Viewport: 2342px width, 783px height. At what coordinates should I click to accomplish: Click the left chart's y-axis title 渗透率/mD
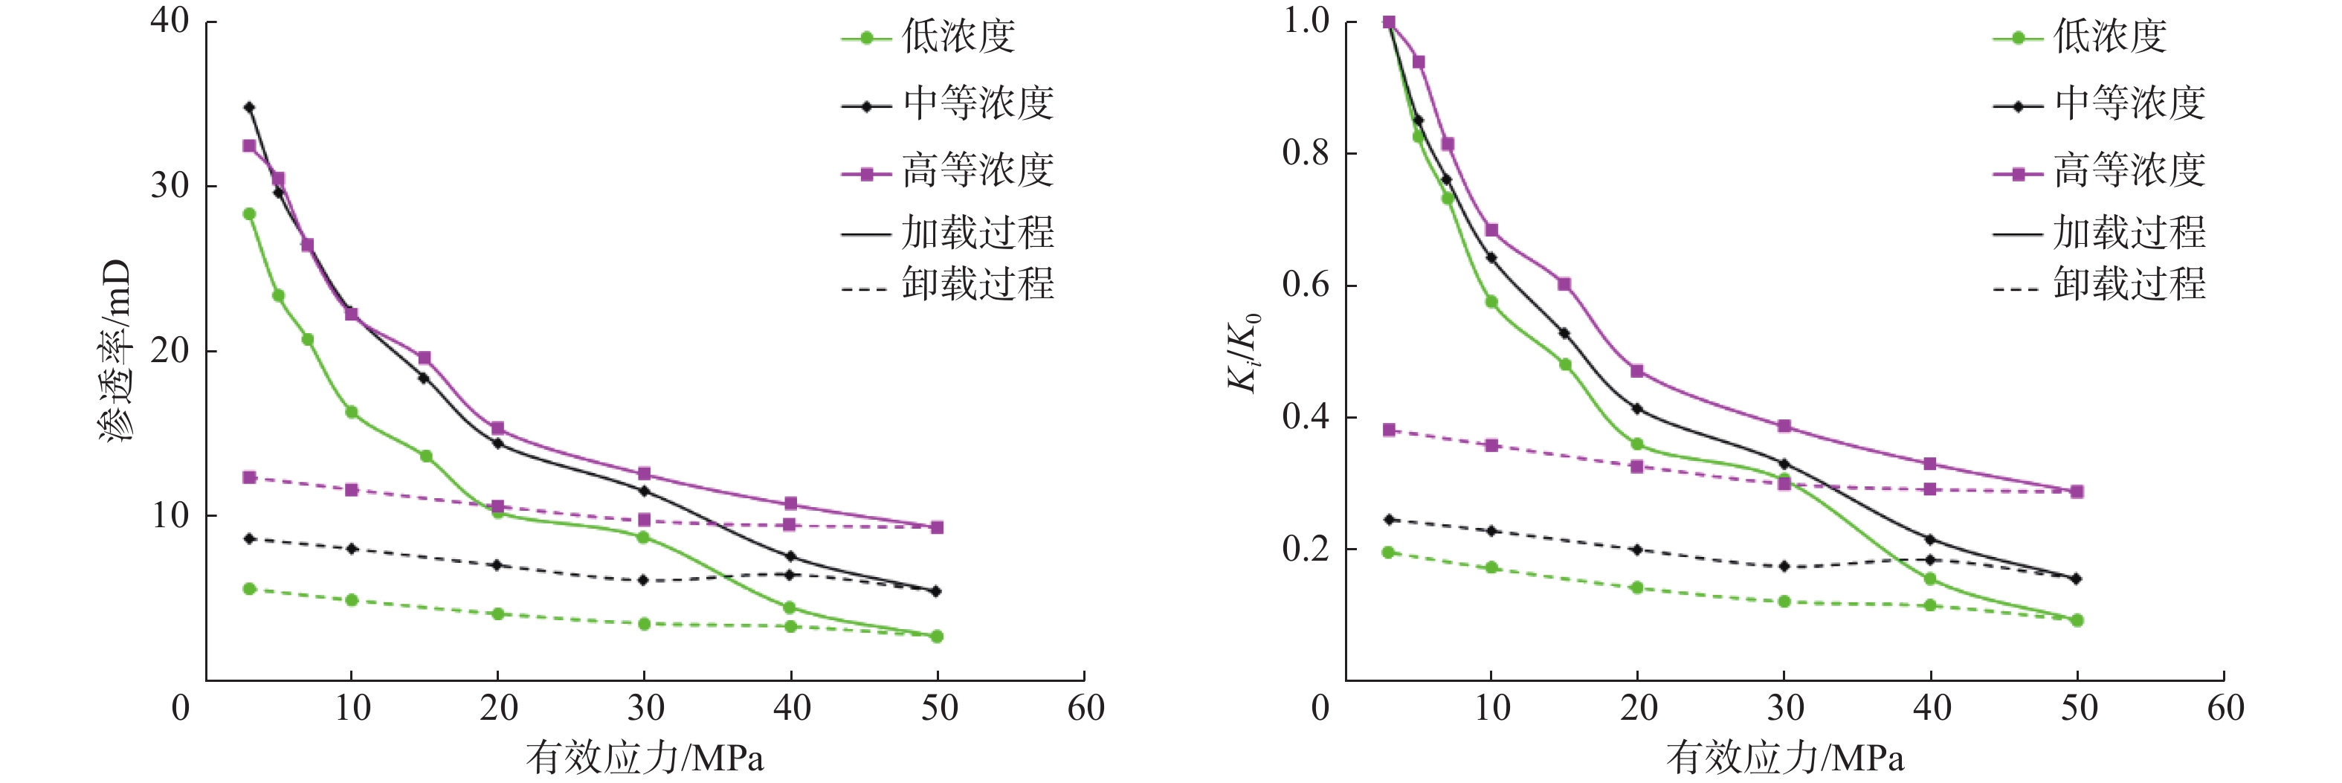tap(117, 350)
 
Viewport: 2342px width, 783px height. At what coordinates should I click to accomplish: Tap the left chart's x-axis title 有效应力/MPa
tap(645, 758)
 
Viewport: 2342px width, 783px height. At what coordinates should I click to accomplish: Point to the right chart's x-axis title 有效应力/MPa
tap(1784, 758)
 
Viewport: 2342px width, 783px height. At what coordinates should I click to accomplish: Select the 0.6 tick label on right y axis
tap(1306, 285)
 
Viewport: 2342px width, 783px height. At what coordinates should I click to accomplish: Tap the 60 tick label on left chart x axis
tap(1085, 707)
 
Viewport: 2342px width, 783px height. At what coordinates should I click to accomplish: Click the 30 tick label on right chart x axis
tap(1784, 707)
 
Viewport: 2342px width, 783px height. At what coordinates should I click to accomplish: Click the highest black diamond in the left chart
tap(249, 107)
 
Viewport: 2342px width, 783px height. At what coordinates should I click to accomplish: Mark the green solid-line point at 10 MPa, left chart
tap(351, 412)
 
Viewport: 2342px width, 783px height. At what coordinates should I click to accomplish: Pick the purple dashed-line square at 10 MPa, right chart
tap(1491, 445)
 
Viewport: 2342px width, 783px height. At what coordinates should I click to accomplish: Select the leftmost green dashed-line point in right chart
tap(1388, 552)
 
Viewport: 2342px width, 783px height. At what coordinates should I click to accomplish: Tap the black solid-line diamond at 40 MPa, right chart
tap(1930, 539)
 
